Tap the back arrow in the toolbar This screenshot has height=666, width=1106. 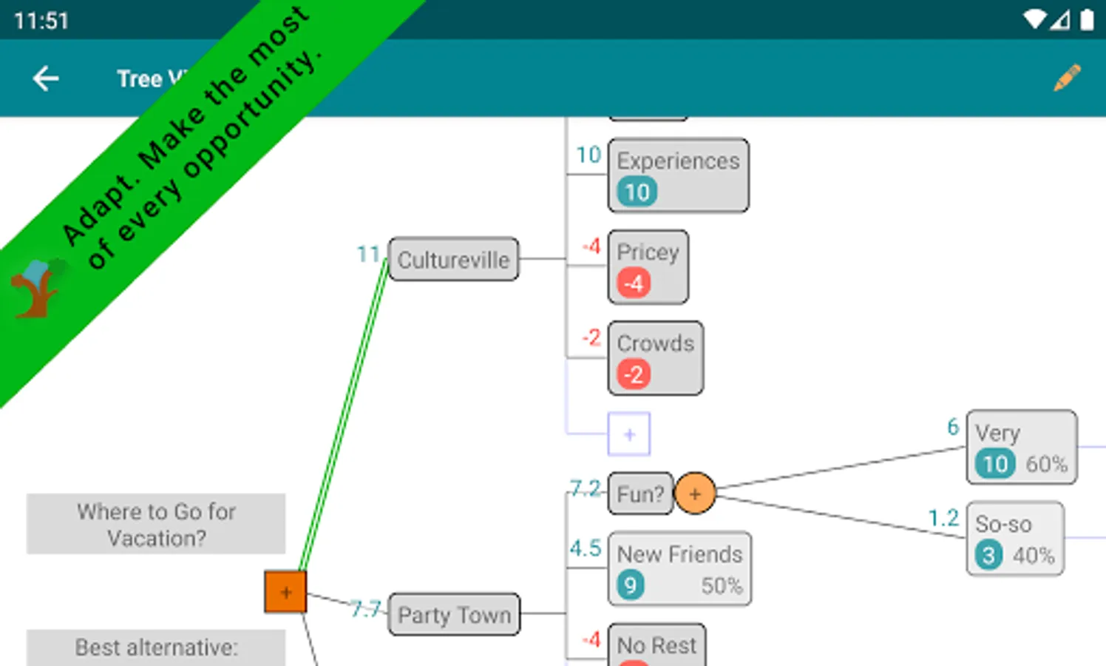[x=46, y=78]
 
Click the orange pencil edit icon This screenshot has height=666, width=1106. [x=1067, y=78]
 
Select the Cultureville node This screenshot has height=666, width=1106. [x=453, y=260]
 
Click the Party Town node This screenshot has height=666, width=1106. [x=454, y=614]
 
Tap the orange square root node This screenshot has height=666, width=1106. [x=285, y=592]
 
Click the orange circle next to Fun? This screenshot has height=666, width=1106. [x=695, y=494]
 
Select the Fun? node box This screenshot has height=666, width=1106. [x=639, y=494]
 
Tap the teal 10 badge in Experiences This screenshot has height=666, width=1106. [x=637, y=192]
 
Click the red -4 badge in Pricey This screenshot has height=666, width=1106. [x=634, y=283]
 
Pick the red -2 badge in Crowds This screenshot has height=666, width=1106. [x=634, y=375]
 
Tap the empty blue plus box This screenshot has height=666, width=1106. [x=629, y=434]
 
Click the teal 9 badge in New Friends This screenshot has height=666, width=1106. [x=630, y=586]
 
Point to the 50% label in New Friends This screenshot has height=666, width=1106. [x=722, y=586]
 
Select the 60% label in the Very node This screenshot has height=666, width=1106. [x=1046, y=465]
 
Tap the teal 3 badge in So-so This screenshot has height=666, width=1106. [x=988, y=556]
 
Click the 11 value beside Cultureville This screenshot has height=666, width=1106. [x=368, y=255]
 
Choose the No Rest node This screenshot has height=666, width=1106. [x=657, y=646]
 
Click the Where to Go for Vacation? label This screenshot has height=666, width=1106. [x=156, y=524]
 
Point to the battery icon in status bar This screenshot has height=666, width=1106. [x=1087, y=20]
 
